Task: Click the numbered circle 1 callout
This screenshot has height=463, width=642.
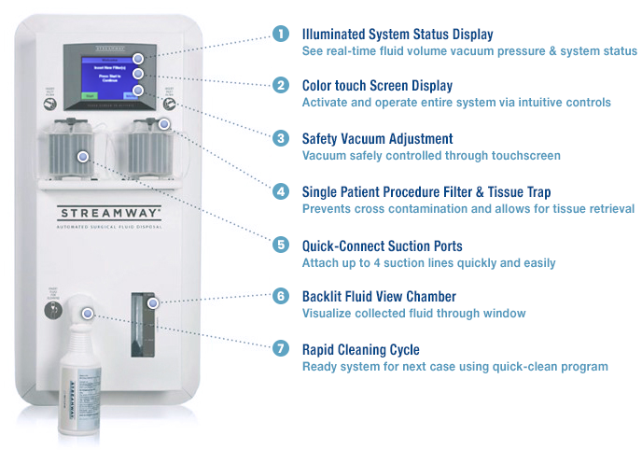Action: [281, 35]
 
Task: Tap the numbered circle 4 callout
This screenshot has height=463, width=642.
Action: [281, 192]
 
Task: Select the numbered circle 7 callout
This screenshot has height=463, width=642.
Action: [281, 350]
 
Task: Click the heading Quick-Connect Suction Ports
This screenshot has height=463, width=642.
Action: [382, 246]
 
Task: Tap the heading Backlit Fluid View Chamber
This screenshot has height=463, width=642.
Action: [379, 297]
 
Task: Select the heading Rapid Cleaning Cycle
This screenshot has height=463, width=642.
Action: [360, 350]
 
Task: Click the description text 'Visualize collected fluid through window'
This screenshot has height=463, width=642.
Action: [412, 314]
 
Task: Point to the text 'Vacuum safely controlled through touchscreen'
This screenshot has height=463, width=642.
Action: [430, 155]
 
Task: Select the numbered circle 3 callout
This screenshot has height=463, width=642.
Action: [281, 138]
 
